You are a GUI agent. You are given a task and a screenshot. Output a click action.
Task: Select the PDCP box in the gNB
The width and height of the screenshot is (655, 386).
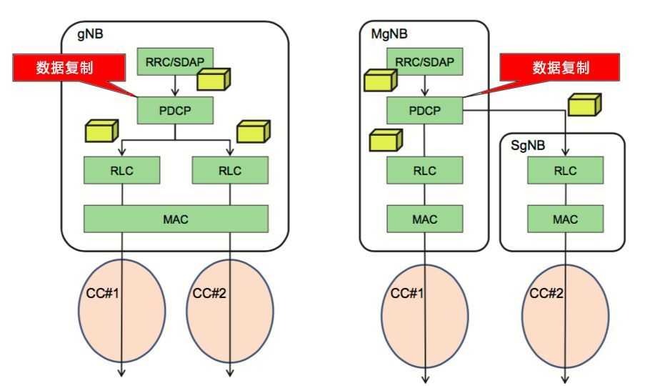(x=175, y=109)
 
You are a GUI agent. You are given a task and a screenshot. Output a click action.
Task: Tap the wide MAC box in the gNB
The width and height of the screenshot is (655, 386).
(x=176, y=219)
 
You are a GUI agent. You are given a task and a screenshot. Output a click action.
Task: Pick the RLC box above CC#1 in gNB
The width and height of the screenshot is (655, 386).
(x=122, y=170)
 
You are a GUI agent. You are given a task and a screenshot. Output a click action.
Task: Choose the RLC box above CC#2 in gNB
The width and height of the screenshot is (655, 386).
(x=230, y=170)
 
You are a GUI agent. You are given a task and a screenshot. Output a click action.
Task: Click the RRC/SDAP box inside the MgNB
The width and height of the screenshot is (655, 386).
(x=424, y=62)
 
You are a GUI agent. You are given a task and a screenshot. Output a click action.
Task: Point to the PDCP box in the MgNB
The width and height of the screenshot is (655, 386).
(x=424, y=110)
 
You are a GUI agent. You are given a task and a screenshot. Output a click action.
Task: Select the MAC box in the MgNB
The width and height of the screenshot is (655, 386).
(x=424, y=219)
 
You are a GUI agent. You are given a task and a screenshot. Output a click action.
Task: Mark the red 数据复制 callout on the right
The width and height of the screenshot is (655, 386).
(x=561, y=68)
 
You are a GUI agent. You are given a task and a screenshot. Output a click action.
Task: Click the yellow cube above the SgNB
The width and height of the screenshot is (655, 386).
(x=584, y=106)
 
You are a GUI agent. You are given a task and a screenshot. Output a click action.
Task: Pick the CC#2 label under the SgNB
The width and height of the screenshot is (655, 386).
(x=545, y=293)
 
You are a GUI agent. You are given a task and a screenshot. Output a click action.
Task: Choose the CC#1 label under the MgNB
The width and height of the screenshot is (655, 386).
(x=406, y=293)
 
